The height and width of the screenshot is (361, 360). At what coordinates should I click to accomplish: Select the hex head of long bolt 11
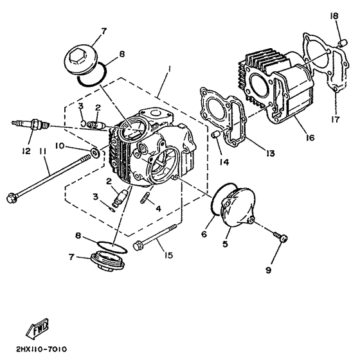pyautogui.click(x=11, y=196)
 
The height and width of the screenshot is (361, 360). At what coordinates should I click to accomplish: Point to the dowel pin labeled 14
pyautogui.click(x=217, y=134)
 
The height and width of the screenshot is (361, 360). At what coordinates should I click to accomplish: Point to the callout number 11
pyautogui.click(x=43, y=152)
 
